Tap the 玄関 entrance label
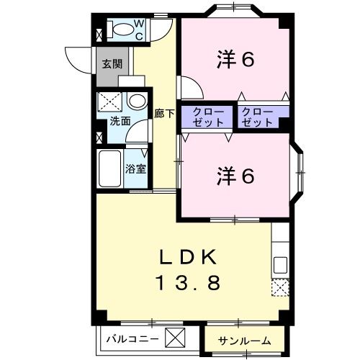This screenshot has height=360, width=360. (x=112, y=63)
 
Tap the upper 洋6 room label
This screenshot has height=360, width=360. (x=235, y=60)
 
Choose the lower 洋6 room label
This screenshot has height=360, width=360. (x=235, y=175)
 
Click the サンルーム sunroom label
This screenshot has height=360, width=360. (x=246, y=340)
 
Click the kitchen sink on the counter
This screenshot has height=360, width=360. (x=281, y=264)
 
